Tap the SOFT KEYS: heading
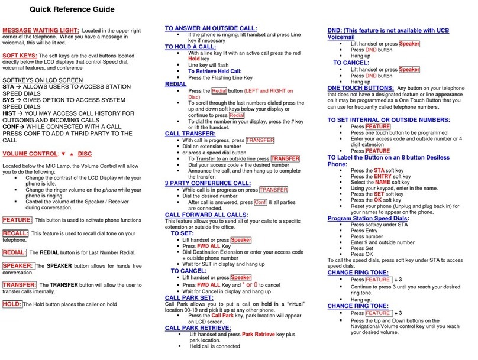point(20,55)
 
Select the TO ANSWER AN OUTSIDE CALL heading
point(211,28)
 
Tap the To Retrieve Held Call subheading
point(214,70)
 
